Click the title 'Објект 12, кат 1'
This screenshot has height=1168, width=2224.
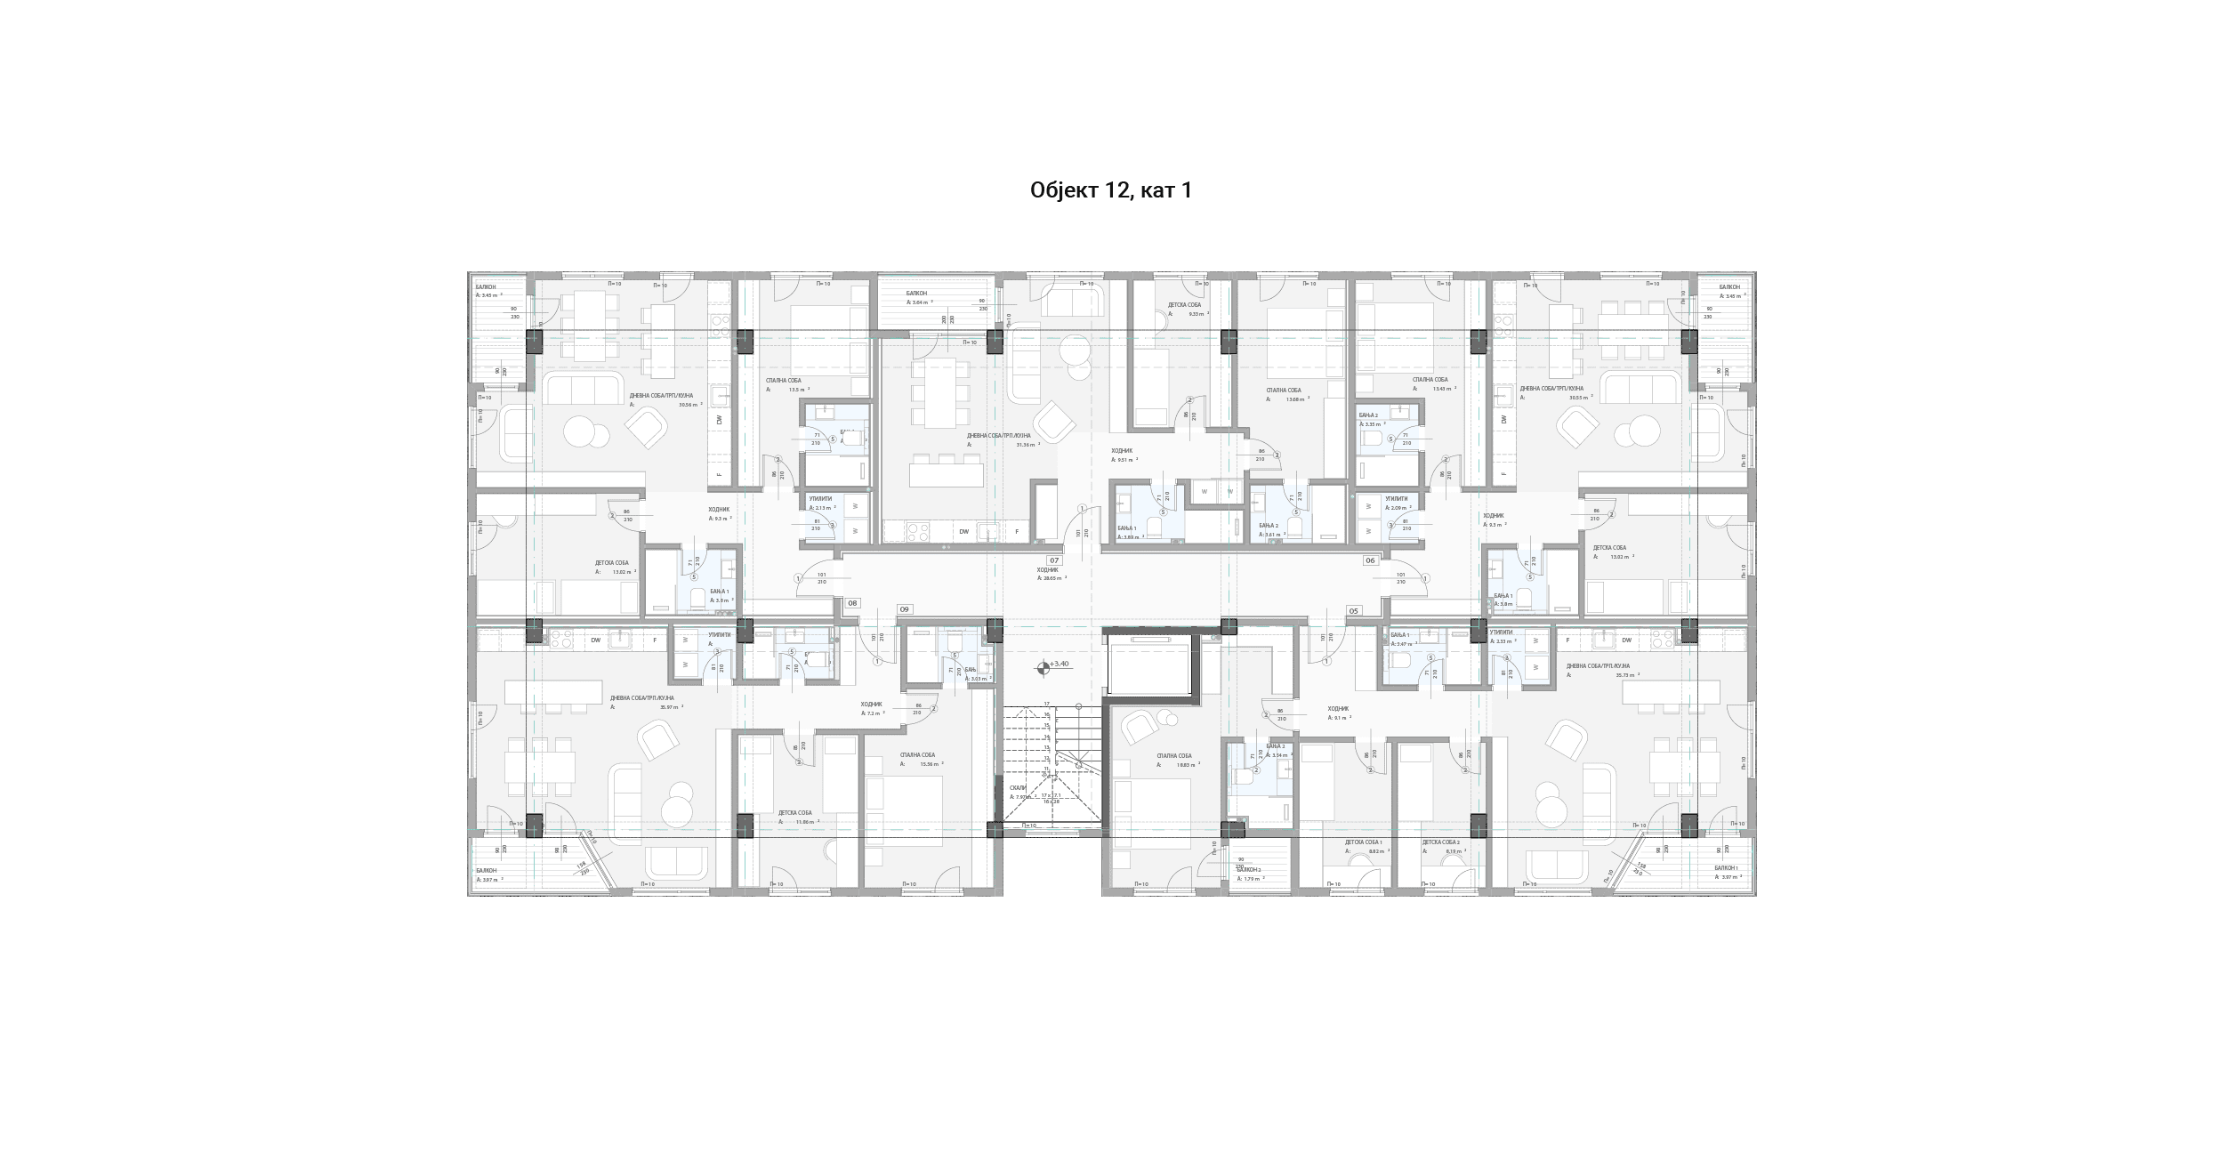click(1111, 190)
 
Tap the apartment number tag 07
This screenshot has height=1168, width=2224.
click(1054, 560)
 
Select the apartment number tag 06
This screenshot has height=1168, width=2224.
click(1370, 560)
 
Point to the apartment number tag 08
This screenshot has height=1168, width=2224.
click(852, 603)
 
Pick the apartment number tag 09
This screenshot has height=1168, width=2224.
click(904, 609)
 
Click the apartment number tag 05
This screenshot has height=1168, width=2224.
click(1353, 611)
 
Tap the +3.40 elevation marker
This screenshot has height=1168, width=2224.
click(1059, 664)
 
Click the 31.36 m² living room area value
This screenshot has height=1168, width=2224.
click(1026, 445)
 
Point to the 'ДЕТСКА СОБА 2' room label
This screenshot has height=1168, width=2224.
click(1440, 842)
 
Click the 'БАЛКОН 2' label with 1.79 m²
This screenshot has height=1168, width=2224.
click(1249, 870)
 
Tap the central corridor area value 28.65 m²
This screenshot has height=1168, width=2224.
click(1054, 578)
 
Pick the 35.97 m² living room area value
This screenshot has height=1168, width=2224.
click(669, 707)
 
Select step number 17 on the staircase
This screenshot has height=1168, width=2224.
click(1047, 704)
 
